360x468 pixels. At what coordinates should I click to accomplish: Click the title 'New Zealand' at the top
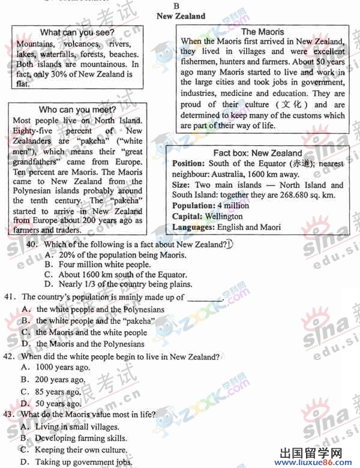[x=181, y=16]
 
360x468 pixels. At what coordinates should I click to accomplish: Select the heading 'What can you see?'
[x=77, y=32]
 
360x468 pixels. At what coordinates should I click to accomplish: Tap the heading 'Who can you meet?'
[x=77, y=110]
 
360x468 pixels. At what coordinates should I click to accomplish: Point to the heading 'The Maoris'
[x=262, y=31]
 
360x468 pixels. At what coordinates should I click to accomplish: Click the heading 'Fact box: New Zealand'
[x=257, y=153]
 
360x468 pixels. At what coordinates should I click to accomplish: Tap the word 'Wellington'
[x=223, y=217]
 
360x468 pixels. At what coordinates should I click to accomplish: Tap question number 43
[x=9, y=414]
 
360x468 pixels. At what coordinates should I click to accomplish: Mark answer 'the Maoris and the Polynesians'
[x=90, y=344]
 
